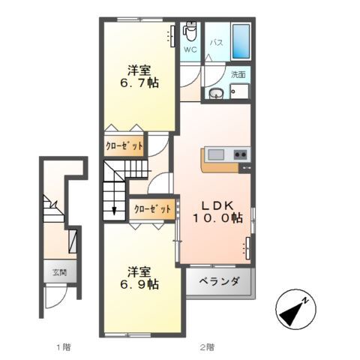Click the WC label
tap(190, 49)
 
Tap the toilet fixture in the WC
tap(190, 31)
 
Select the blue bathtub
tap(241, 41)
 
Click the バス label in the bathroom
tap(216, 43)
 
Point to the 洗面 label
tap(238, 74)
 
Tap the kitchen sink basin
tap(216, 154)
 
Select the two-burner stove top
tap(241, 154)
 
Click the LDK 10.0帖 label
tap(217, 212)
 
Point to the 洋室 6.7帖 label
tap(139, 76)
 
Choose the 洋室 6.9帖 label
tap(139, 278)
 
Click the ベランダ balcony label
tap(219, 282)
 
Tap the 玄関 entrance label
tap(59, 272)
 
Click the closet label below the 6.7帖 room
tap(124, 146)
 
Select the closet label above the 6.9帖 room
tap(152, 209)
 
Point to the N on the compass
tap(304, 301)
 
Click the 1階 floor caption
tap(64, 346)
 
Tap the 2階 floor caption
tap(207, 346)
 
